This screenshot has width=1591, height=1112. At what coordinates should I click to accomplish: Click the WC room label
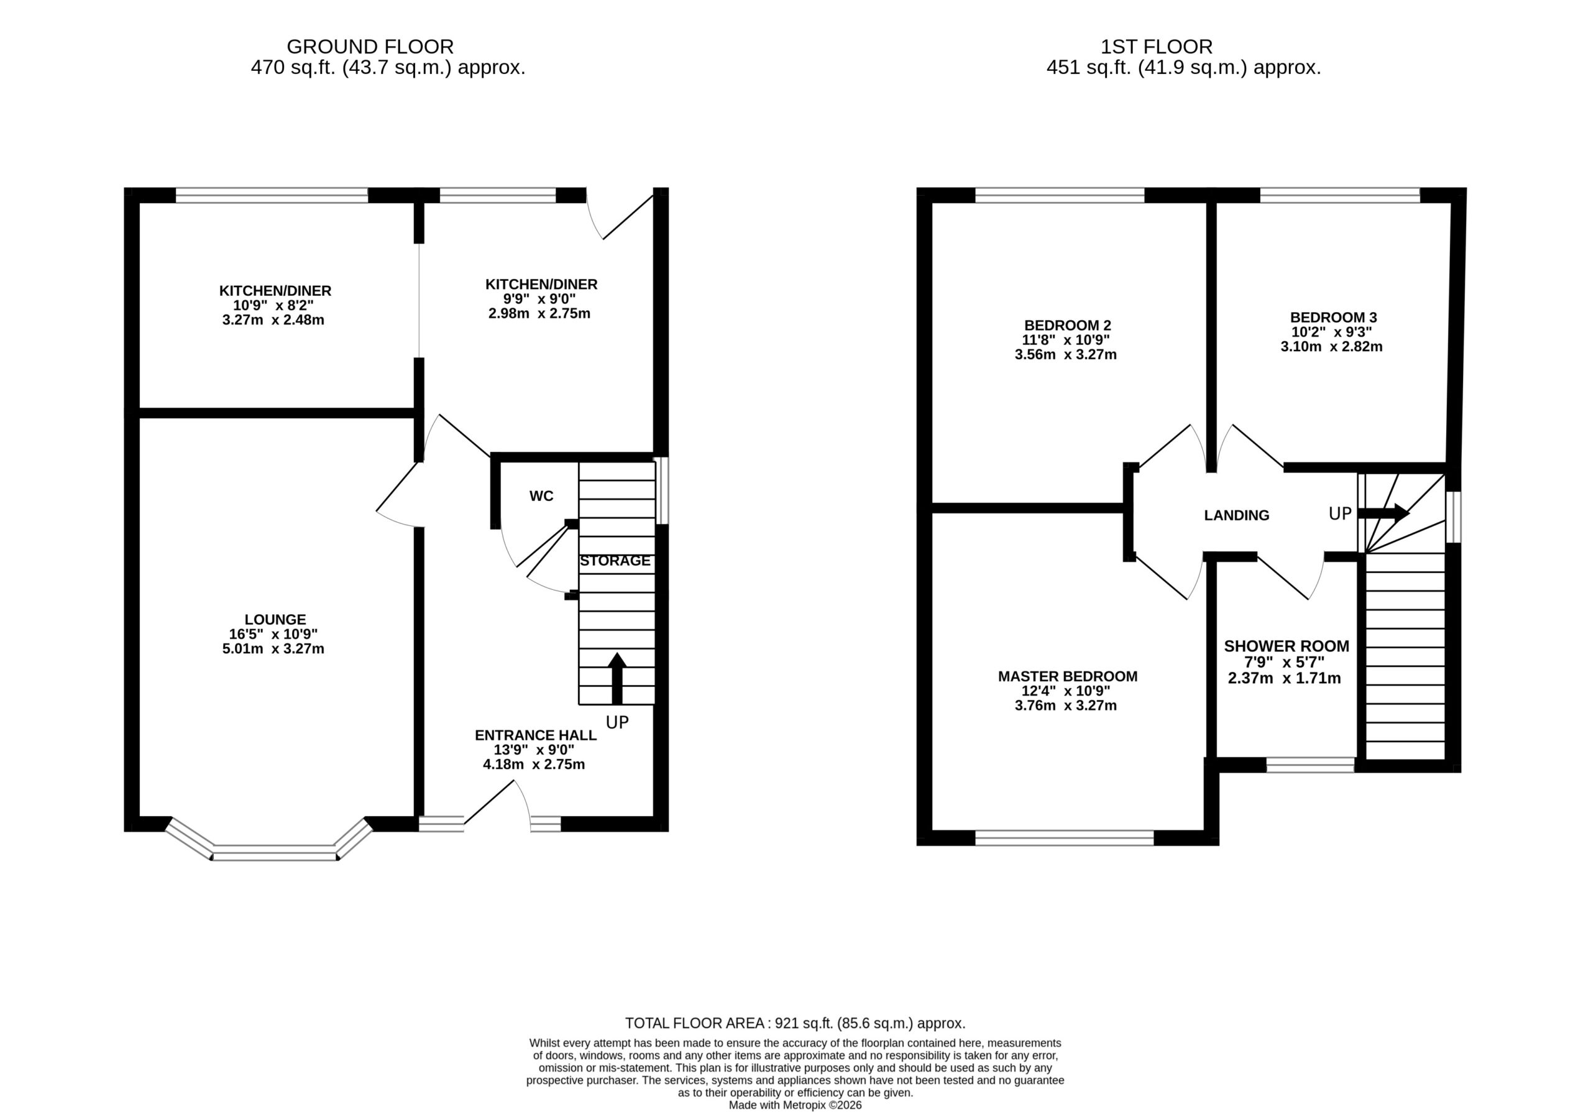point(541,496)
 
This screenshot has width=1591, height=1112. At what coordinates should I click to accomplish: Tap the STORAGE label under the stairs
point(615,561)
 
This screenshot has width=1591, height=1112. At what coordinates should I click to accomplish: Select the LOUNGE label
point(275,619)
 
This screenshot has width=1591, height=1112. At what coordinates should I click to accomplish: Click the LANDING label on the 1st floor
point(1237,515)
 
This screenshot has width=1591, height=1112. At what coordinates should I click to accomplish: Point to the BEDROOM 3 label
point(1332,318)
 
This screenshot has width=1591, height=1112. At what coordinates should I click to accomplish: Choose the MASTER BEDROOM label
point(1068,676)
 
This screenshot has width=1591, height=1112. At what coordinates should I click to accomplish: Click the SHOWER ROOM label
point(1287,646)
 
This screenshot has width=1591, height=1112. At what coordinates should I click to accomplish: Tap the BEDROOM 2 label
point(1068,325)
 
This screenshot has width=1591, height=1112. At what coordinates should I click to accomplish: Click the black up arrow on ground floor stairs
point(617,678)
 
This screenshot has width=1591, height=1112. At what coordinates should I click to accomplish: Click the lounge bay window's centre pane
point(275,853)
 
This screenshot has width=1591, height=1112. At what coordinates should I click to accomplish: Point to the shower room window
point(1310,765)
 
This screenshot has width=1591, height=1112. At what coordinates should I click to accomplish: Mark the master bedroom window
point(1065,838)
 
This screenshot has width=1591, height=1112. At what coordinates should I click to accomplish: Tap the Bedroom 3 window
point(1340,195)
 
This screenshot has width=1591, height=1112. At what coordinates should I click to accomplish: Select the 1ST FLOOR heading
point(1157,47)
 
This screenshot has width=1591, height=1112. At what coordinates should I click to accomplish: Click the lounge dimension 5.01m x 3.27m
point(273,649)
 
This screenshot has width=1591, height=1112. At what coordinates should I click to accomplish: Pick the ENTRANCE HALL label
point(536,735)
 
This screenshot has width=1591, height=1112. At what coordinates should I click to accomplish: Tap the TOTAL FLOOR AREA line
point(795,1022)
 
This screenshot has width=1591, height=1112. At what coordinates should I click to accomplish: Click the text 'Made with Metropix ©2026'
point(795,1105)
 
